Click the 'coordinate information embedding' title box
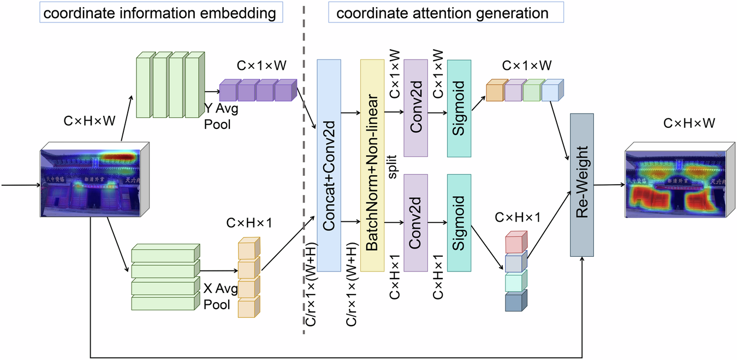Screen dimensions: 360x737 159,13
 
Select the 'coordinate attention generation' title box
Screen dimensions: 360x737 445,13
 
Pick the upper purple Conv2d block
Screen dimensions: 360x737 415,108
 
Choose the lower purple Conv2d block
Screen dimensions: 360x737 415,222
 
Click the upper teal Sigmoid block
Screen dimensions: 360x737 459,108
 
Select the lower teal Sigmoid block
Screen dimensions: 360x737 459,222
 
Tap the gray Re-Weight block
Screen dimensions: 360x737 582,185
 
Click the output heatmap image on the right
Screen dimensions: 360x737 676,184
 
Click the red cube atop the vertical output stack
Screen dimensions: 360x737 515,241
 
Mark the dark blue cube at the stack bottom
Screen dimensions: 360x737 515,301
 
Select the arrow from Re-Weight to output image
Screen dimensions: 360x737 609,185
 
